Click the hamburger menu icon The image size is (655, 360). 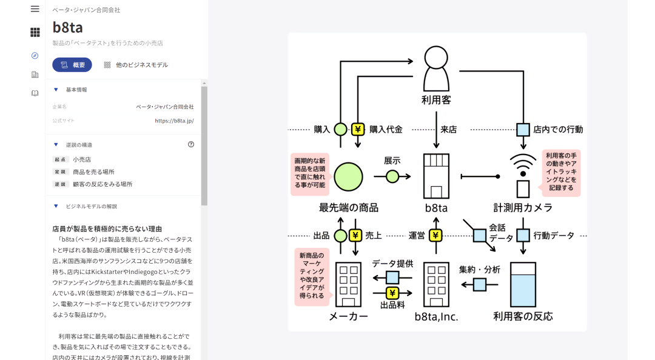(x=35, y=9)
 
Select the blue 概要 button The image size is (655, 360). (x=72, y=65)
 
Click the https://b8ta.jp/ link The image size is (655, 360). (x=174, y=121)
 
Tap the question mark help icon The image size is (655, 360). (x=191, y=145)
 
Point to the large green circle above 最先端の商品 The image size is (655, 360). (x=348, y=177)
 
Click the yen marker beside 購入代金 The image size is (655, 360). (x=358, y=129)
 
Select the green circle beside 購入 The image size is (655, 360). (x=341, y=129)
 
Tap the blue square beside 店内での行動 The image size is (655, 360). (x=523, y=129)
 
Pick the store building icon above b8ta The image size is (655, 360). (x=436, y=176)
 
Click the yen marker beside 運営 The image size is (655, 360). (x=435, y=235)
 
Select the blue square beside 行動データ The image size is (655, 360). (x=523, y=235)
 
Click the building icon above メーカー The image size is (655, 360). (x=348, y=284)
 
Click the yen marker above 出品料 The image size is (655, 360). (x=392, y=293)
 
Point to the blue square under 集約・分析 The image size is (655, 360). (x=480, y=284)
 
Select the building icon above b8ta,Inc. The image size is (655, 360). (x=436, y=284)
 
